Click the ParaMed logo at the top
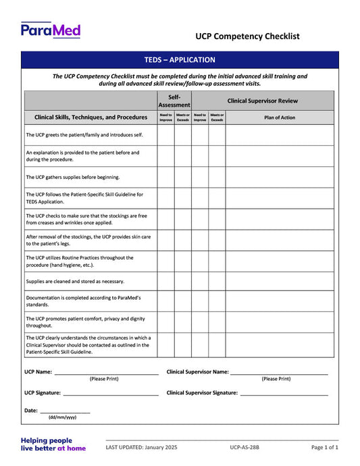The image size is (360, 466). pyautogui.click(x=51, y=30)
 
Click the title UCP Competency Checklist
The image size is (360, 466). pyautogui.click(x=247, y=36)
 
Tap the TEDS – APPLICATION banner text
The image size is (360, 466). pyautogui.click(x=180, y=60)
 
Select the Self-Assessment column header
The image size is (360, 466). pyautogui.click(x=174, y=101)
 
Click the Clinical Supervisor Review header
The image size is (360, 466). pyautogui.click(x=262, y=101)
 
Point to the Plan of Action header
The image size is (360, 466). pyautogui.click(x=279, y=118)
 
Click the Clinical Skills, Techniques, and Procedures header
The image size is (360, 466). pyautogui.click(x=91, y=118)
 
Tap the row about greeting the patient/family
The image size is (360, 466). pyautogui.click(x=84, y=135)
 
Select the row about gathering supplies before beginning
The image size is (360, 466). pyautogui.click(x=73, y=177)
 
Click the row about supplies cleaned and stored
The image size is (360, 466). pyautogui.click(x=75, y=281)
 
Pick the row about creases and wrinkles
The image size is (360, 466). pyautogui.click(x=86, y=219)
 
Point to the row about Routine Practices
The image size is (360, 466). pyautogui.click(x=80, y=261)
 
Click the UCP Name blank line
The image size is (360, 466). pyautogui.click(x=107, y=373)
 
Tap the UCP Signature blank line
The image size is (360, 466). pyautogui.click(x=111, y=394)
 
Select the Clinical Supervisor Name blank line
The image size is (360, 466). pyautogui.click(x=279, y=373)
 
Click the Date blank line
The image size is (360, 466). pyautogui.click(x=65, y=411)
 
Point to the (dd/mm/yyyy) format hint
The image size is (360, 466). pyautogui.click(x=62, y=418)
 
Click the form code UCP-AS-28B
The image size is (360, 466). pyautogui.click(x=245, y=448)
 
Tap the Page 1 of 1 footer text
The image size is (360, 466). pyautogui.click(x=325, y=448)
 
